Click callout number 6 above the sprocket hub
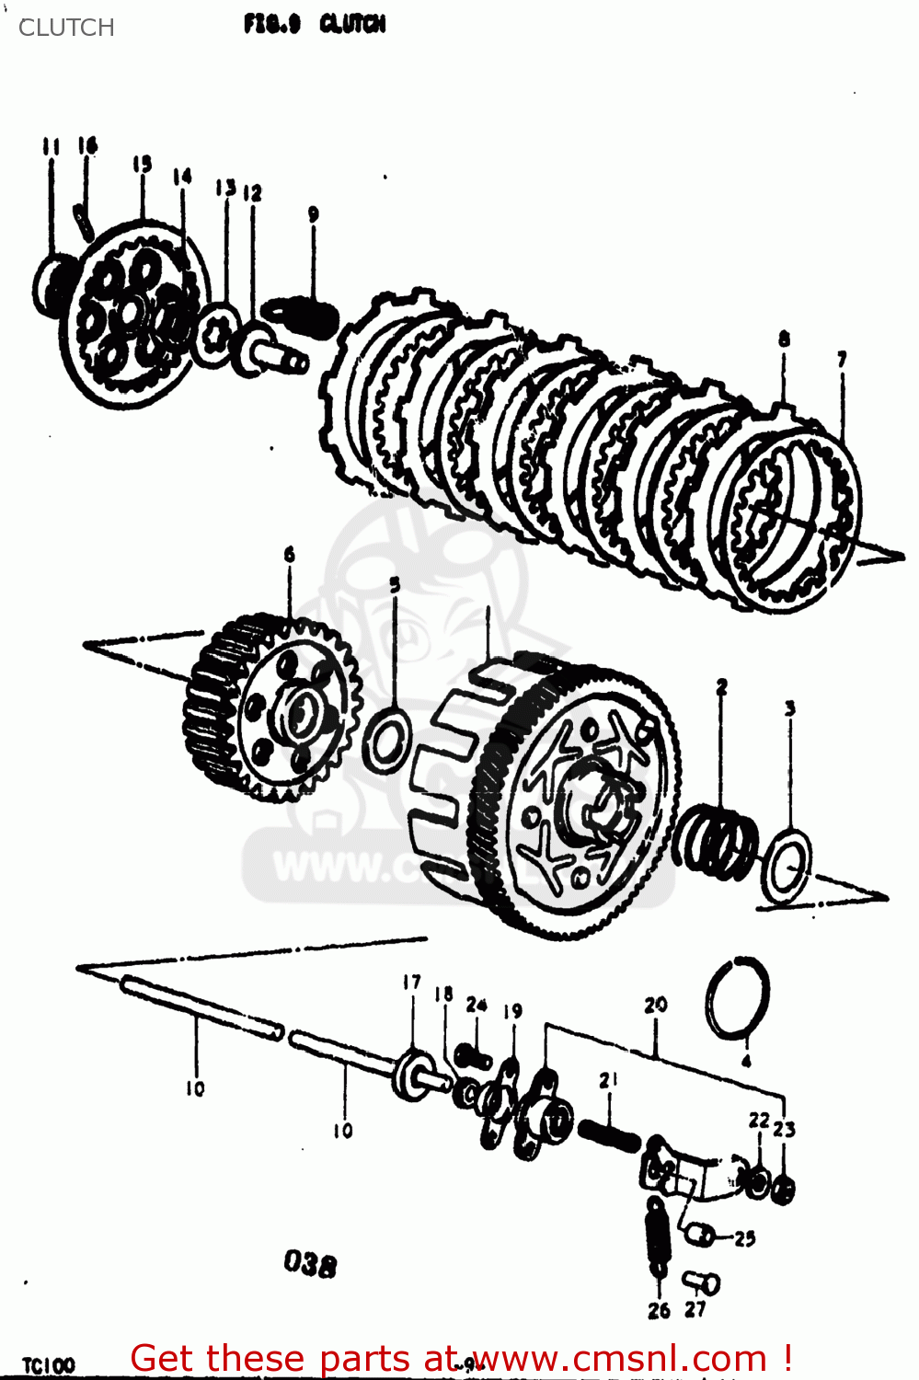click(290, 554)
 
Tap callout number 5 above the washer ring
click(395, 585)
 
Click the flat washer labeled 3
click(787, 866)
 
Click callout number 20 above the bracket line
click(655, 1005)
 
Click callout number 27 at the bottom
click(695, 1309)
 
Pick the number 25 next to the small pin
click(745, 1238)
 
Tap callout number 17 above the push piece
click(411, 983)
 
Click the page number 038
click(310, 1264)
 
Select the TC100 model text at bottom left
click(49, 1365)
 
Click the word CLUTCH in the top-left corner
click(66, 28)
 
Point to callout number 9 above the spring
click(313, 214)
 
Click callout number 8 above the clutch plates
click(784, 339)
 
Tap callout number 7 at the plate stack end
click(841, 359)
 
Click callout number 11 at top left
click(51, 146)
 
